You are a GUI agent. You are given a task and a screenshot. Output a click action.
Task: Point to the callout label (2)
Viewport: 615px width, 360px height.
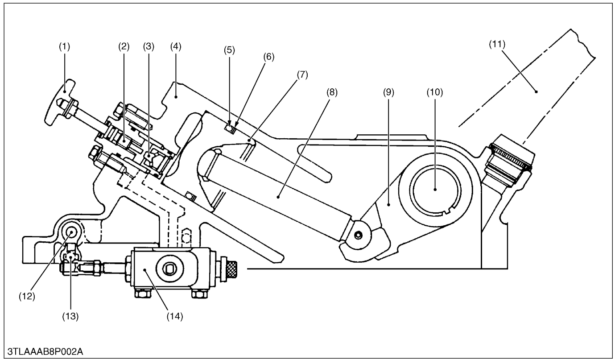[124, 46]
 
